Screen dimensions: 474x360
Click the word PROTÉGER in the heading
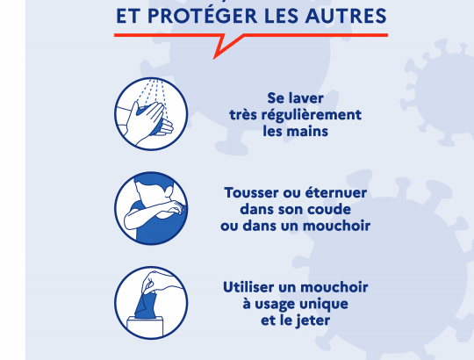coord(202,16)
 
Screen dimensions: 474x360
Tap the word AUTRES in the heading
coord(346,16)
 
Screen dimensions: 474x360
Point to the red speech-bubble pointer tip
coord(214,58)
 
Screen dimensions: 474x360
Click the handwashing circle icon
coord(151,113)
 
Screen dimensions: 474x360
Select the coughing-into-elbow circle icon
coord(151,208)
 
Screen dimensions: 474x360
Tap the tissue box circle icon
coord(151,303)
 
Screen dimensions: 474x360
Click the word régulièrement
coord(311,116)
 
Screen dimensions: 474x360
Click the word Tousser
coord(252,193)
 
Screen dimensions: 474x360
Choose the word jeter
coord(312,321)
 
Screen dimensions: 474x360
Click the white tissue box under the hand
coord(145,327)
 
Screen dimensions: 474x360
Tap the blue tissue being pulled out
coord(145,305)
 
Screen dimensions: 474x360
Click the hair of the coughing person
coord(154,181)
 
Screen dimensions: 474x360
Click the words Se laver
coord(295,98)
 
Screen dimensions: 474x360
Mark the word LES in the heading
coord(281,16)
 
